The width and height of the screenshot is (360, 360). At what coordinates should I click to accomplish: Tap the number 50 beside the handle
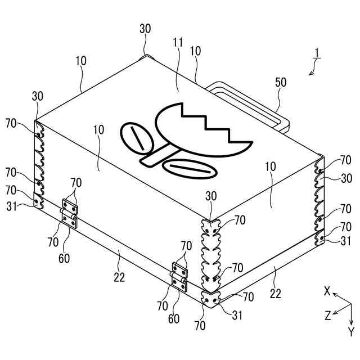[281, 83]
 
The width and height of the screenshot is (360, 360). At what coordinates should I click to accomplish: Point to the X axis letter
[327, 291]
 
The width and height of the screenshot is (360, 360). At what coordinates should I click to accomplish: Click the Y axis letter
[350, 330]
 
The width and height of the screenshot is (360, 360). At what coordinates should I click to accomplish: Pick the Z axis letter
[327, 316]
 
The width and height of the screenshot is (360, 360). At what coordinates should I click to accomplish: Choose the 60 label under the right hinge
[174, 319]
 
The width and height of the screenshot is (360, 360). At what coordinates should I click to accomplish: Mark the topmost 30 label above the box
[145, 29]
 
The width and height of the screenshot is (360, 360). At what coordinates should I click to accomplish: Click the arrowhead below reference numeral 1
[311, 73]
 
